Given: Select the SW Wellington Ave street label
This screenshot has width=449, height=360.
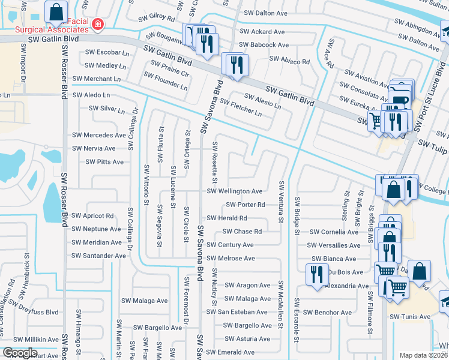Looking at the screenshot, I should coord(235,191).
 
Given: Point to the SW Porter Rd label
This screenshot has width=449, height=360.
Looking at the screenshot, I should coord(246,205).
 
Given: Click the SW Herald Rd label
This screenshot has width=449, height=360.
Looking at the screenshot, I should coord(227,218).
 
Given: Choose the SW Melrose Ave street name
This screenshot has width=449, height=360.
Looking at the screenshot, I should coord(231,259).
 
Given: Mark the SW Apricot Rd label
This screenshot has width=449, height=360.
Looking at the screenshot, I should coord(92,215).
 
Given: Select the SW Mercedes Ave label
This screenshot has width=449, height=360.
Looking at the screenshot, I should coord(99,135).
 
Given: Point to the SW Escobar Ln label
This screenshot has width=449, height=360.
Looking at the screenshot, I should coord(108,52).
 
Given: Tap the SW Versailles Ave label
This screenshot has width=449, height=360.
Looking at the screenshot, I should coord(334,245).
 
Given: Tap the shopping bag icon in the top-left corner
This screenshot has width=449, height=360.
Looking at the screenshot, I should coord(56,11).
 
